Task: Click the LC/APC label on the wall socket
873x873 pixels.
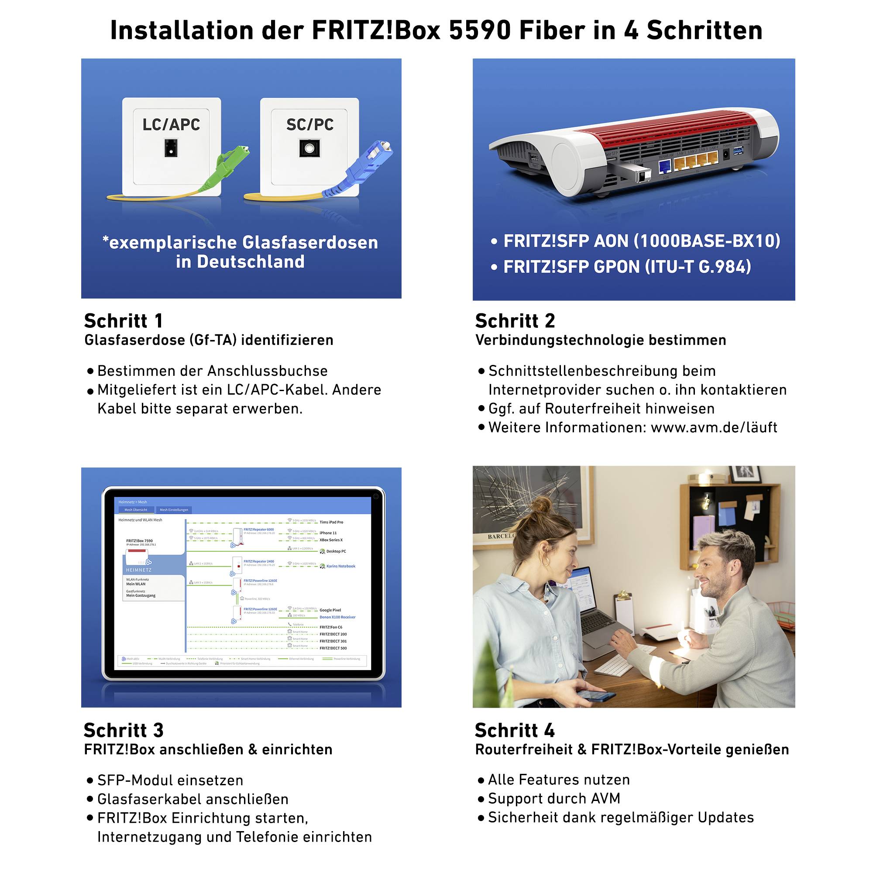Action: (171, 125)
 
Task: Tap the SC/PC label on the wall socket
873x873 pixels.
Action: (310, 125)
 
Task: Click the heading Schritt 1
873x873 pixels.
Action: (124, 321)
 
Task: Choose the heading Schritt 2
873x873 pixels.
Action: (515, 321)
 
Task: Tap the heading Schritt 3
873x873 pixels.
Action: (124, 730)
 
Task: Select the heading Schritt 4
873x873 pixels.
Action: (515, 730)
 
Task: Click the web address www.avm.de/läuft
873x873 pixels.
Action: (714, 427)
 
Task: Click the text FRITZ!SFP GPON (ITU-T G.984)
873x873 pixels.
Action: (627, 267)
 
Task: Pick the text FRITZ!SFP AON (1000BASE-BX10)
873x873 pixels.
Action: (642, 241)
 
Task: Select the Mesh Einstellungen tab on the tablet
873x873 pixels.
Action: (174, 510)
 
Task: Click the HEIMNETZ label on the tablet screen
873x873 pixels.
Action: (139, 570)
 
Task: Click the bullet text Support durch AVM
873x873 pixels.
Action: (554, 798)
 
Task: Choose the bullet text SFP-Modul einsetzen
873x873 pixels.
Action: (170, 780)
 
